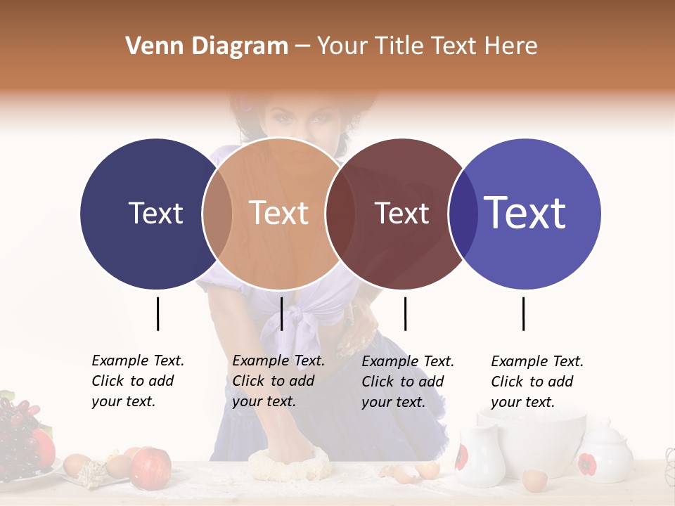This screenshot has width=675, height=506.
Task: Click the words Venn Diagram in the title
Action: point(207,46)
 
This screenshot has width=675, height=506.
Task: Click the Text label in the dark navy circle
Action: point(155,213)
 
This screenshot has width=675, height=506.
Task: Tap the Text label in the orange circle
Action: point(278,213)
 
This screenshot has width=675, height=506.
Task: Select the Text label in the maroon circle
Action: point(401,213)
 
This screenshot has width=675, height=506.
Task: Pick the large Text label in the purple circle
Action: point(525,213)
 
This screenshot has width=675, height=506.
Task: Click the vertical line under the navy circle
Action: point(157,313)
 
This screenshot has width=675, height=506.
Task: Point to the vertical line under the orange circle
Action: point(281,313)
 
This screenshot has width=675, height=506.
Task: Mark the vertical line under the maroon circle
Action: point(405,313)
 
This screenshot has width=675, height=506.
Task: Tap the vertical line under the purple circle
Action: point(523,313)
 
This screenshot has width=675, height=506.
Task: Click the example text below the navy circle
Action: point(138,381)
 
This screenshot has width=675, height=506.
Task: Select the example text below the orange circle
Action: point(278,381)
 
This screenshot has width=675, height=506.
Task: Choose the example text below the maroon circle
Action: point(408,382)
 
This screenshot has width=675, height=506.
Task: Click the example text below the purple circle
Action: point(537,382)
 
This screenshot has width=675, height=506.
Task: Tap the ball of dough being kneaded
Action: point(290,464)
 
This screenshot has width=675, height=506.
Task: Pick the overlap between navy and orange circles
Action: point(217,213)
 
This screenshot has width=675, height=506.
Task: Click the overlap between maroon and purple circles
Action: point(462,213)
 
